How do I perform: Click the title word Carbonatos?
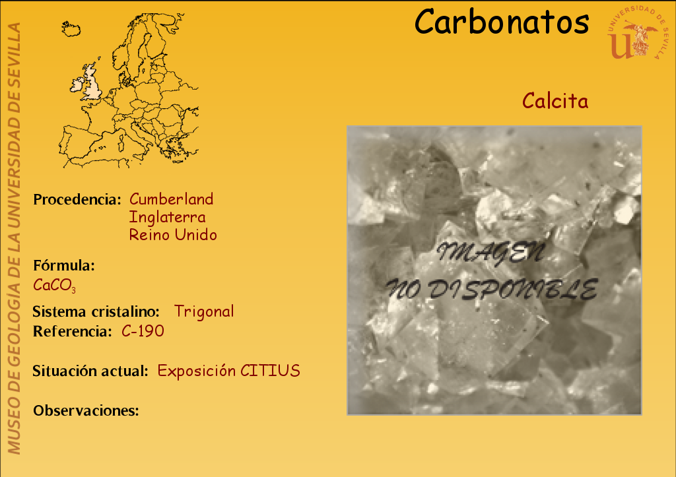502,22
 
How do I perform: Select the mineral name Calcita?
555,101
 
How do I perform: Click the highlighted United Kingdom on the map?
90,82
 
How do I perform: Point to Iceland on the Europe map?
71,29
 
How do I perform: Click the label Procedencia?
77,199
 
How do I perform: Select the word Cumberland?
171,199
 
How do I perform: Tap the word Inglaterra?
167,217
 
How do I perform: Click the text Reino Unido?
173,235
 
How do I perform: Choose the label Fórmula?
64,265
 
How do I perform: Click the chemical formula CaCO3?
54,285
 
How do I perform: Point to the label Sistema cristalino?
96,311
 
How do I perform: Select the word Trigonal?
204,311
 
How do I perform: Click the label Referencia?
73,331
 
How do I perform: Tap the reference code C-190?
143,331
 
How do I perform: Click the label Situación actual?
90,371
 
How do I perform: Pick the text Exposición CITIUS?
228,371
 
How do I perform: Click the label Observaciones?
86,410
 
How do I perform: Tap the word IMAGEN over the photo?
491,253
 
